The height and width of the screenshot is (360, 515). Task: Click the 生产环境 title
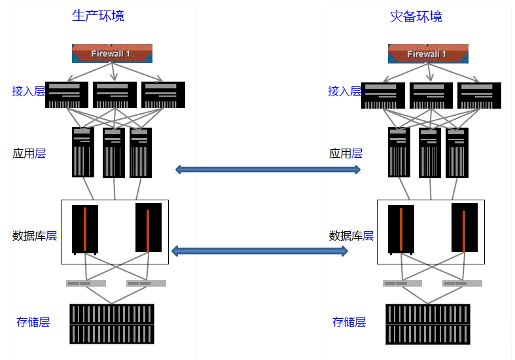[98, 16]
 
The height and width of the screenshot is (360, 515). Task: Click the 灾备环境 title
[416, 16]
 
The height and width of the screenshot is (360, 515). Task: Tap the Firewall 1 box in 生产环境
[112, 53]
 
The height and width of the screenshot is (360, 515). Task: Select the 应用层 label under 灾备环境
[345, 153]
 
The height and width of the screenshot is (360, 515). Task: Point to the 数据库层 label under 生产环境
[35, 236]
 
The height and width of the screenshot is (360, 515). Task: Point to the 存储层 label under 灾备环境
[349, 321]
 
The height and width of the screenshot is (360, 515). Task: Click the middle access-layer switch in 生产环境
[115, 95]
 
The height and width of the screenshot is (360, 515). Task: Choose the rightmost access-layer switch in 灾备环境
[479, 95]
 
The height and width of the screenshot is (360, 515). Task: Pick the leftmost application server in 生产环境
[83, 152]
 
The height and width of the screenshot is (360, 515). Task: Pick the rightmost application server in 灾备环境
[457, 153]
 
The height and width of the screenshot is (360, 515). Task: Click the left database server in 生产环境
[85, 230]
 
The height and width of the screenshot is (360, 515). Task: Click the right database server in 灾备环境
[465, 228]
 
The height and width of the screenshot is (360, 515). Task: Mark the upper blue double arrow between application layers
[268, 170]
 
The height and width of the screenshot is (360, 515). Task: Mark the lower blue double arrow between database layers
[259, 251]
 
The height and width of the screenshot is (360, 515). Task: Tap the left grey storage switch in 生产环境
[86, 283]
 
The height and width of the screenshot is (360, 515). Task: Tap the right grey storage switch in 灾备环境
[462, 283]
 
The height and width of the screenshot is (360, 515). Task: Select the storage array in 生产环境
[112, 323]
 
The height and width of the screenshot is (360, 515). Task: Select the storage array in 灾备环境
[428, 323]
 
